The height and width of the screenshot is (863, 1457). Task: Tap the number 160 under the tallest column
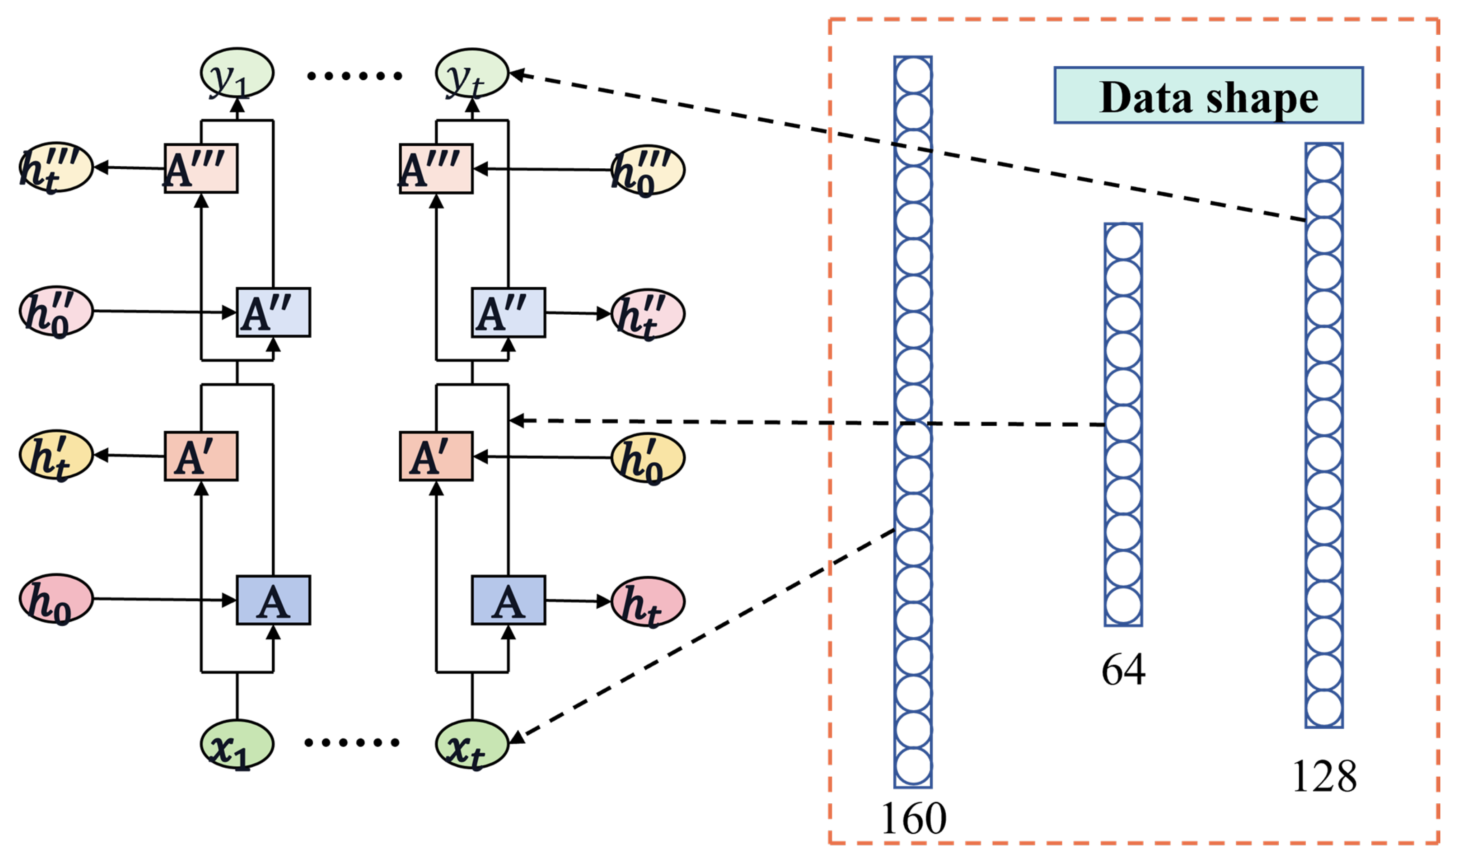(x=914, y=819)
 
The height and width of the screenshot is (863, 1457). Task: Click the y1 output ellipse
(x=237, y=73)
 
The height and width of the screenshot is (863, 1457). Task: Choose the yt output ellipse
(x=472, y=73)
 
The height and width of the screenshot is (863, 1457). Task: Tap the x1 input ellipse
(x=237, y=744)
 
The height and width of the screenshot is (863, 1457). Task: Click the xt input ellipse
(x=472, y=744)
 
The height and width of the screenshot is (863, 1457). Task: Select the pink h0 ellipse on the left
(x=56, y=599)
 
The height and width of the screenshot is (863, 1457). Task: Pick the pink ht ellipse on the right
(x=648, y=601)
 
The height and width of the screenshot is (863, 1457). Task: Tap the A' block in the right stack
(x=436, y=457)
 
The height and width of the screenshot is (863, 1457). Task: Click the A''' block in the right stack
(x=436, y=169)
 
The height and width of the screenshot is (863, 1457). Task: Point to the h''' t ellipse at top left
(x=56, y=167)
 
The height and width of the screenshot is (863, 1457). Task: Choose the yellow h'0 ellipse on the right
(x=648, y=458)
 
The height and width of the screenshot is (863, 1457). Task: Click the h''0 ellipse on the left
(x=56, y=311)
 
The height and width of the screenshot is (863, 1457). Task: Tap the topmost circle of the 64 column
(x=1123, y=242)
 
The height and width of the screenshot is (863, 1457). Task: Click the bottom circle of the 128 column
(x=1324, y=708)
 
